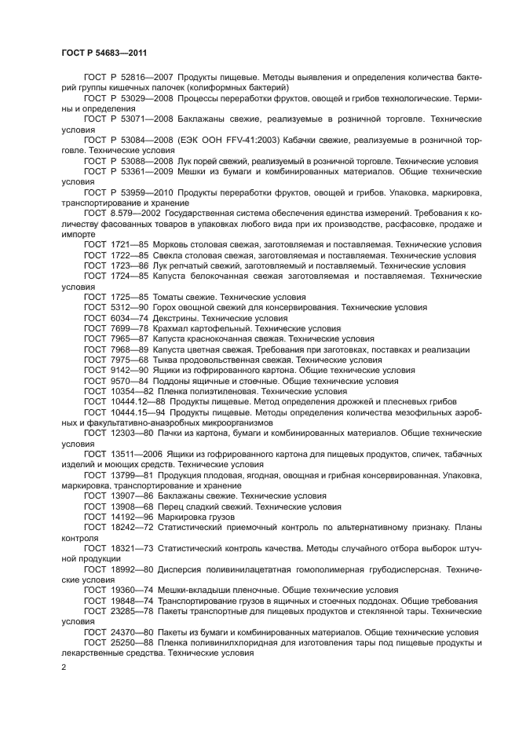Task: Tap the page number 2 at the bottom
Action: click(64, 667)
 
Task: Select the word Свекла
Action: click(170, 256)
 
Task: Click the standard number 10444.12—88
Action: click(138, 401)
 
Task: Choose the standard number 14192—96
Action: click(131, 517)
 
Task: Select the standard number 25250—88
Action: click(131, 642)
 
